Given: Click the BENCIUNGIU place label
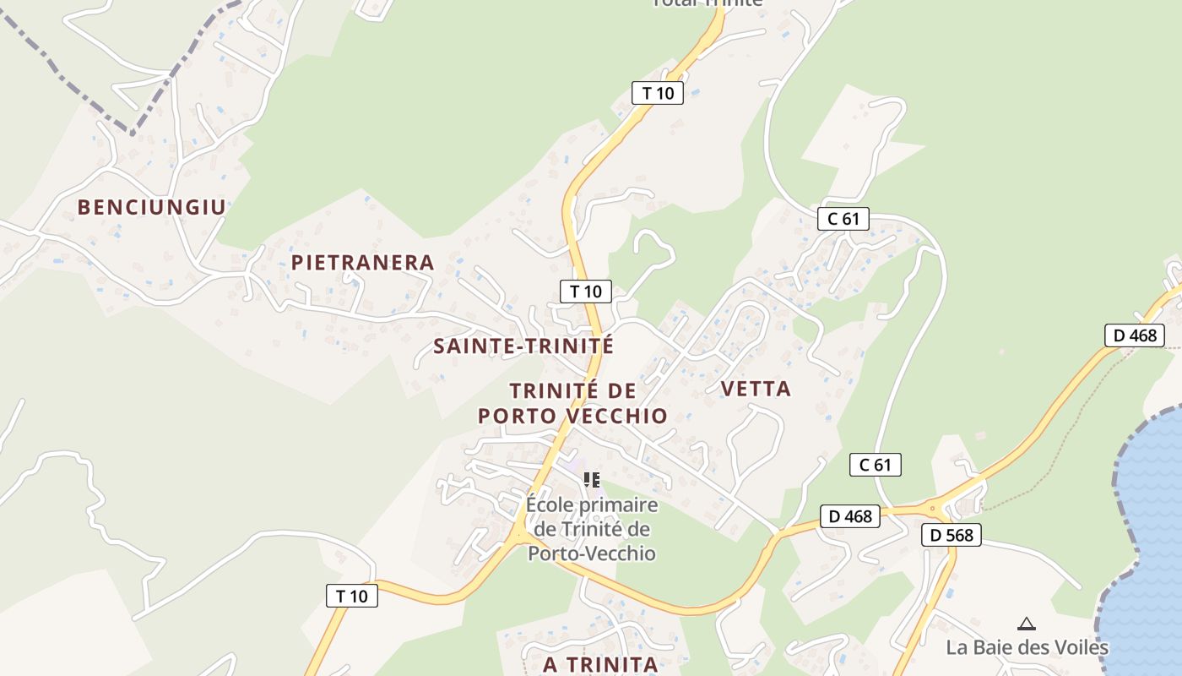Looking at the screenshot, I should point(152,207).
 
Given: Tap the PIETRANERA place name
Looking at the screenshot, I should point(363,263).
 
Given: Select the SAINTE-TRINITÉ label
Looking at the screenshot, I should point(523,346).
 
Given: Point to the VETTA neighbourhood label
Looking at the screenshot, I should point(756,389).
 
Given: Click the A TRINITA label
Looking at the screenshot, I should point(600,664).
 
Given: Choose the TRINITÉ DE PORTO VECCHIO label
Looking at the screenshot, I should point(572,403).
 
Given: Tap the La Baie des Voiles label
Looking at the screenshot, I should point(1027,647).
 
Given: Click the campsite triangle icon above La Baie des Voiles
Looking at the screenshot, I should point(1027,624).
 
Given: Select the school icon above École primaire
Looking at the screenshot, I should point(591,480).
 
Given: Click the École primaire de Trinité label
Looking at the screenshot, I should point(591,529).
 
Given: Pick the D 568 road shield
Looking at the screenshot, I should point(952,534).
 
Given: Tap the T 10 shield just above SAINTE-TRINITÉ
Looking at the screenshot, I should point(585,292).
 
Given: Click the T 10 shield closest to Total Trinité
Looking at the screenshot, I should point(658,93).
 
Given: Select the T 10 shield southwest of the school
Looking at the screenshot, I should point(352,596).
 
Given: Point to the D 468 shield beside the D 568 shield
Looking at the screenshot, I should point(850,515).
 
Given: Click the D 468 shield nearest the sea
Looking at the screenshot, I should point(1135,335).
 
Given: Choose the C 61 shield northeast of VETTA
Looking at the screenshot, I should point(843,219).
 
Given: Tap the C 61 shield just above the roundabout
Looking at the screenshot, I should point(876,464).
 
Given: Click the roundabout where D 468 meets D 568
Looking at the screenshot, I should point(933,508).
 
